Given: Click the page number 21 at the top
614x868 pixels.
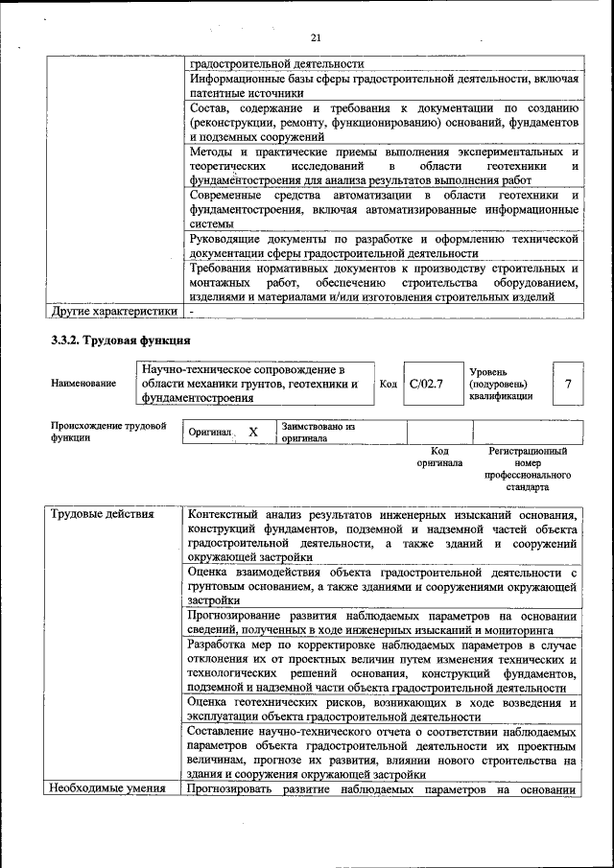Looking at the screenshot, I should (x=315, y=38).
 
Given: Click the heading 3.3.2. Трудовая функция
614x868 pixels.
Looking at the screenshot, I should (x=121, y=340).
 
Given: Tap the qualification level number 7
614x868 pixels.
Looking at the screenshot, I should (x=568, y=385).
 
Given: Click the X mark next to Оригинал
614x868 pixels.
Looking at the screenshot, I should (x=253, y=433).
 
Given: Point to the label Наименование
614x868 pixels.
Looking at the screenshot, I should (x=83, y=384).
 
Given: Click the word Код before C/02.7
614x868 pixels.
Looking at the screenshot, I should (x=389, y=385).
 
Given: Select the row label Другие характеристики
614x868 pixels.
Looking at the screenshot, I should (x=114, y=311).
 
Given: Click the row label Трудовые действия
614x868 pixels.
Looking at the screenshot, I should (x=103, y=514).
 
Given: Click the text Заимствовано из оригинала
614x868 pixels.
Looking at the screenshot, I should (x=319, y=432).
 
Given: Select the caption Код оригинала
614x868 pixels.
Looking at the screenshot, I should (x=439, y=457).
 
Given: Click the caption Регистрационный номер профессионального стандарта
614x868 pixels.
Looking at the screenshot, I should (x=528, y=468).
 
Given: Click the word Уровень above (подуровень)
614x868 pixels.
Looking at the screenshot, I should (x=489, y=371).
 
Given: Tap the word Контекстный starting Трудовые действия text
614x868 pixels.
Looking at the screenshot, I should (x=230, y=514).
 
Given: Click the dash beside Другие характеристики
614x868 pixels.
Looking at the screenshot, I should (x=192, y=311).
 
